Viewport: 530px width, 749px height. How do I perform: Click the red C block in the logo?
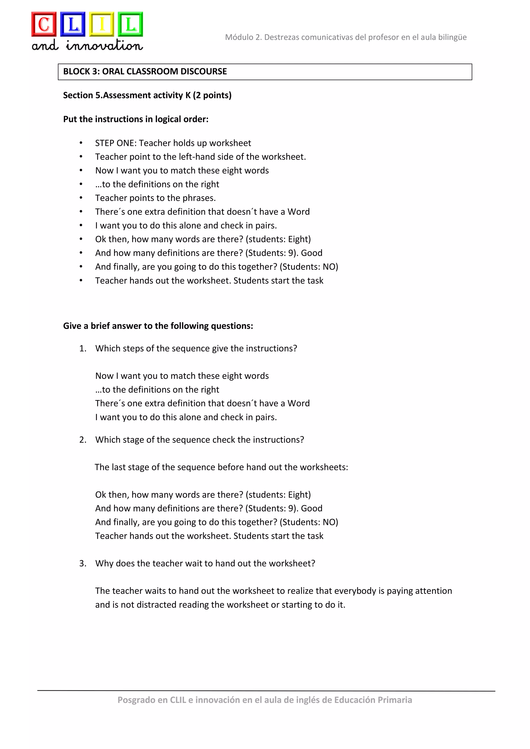click(x=44, y=24)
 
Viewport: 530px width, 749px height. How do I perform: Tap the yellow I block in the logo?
click(x=102, y=24)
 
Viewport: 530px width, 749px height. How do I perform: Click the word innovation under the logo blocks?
click(x=105, y=45)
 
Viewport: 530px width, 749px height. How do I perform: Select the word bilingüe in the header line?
click(x=452, y=37)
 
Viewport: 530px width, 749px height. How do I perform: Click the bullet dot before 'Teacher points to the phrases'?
click(x=81, y=198)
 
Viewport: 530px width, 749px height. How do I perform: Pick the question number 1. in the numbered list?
click(x=83, y=349)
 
